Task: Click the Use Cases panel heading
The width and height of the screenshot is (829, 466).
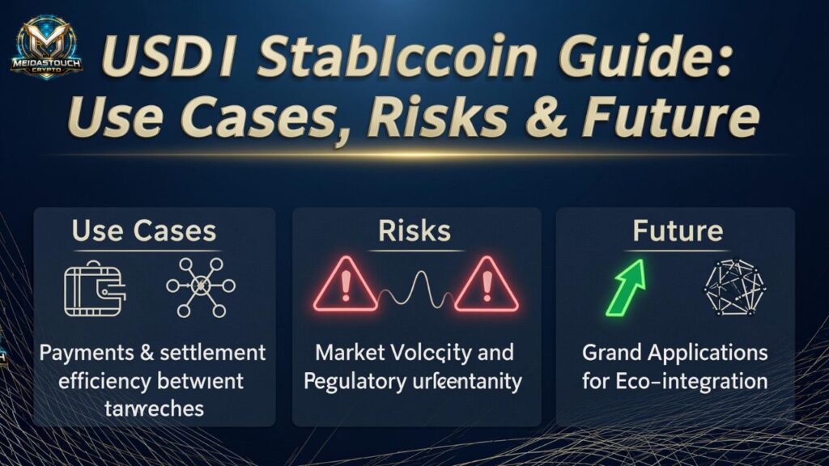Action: [144, 231]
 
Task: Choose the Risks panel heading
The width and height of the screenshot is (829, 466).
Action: [414, 231]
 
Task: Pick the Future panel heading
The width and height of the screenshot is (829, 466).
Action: [677, 231]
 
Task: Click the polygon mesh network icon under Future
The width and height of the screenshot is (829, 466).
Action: [734, 286]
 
